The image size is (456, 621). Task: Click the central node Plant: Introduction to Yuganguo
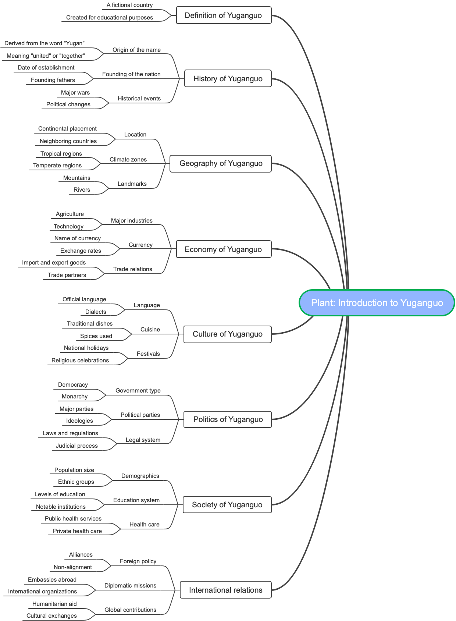coord(377,303)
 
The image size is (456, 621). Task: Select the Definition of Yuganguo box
coord(224,15)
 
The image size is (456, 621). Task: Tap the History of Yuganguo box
coord(228,79)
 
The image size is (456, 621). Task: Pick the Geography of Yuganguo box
coord(221,163)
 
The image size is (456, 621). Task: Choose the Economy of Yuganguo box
coord(224,249)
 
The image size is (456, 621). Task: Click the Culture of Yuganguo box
coord(227,334)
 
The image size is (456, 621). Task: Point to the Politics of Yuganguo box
coord(228,419)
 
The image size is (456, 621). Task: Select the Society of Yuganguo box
coord(227,505)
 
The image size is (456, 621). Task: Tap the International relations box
coord(225,590)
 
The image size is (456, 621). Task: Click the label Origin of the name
coord(136,50)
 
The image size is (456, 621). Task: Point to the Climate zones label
coord(128,160)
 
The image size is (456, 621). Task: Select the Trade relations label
coord(132,269)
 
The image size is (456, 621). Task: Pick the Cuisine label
coord(150,330)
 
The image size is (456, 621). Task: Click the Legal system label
coord(143,440)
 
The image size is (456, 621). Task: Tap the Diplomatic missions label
coord(130,586)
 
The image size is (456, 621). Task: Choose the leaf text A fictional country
coord(129,5)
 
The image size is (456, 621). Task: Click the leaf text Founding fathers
coord(53,80)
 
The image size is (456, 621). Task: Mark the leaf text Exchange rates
coord(81,251)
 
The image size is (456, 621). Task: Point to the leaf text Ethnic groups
coord(76,482)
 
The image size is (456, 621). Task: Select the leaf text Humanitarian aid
coord(54,604)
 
